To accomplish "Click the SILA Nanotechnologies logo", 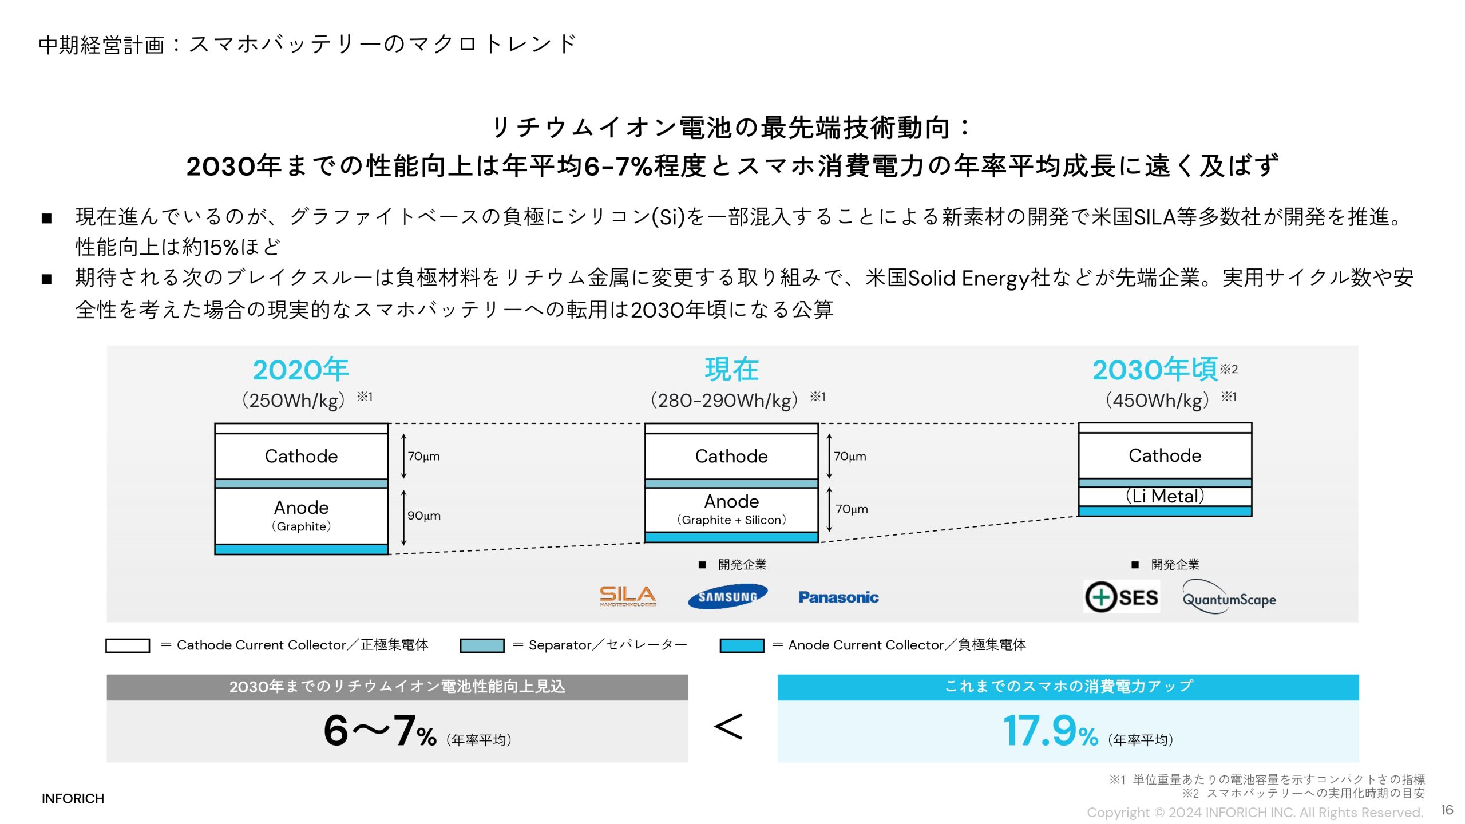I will point(628,596).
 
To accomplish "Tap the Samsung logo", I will point(727,597).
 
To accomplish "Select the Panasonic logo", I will point(838,597).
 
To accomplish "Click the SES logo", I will point(1122,597).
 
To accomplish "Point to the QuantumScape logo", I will point(1229,599).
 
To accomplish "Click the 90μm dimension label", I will point(424,516).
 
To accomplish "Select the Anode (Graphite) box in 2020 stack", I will point(301,516).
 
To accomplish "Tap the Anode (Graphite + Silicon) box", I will point(731,509).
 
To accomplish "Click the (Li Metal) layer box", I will point(1165,496).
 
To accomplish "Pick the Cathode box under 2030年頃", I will point(1165,455).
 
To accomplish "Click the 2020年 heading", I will point(301,370).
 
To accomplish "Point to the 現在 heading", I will point(731,370).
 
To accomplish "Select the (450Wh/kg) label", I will point(1157,400).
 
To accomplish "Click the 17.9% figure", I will point(1051,731).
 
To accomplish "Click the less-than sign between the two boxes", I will point(728,727).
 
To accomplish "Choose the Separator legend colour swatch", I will point(482,645).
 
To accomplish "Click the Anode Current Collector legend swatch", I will point(742,645).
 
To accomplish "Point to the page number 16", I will point(1447,810).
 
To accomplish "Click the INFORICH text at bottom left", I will point(73,798).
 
